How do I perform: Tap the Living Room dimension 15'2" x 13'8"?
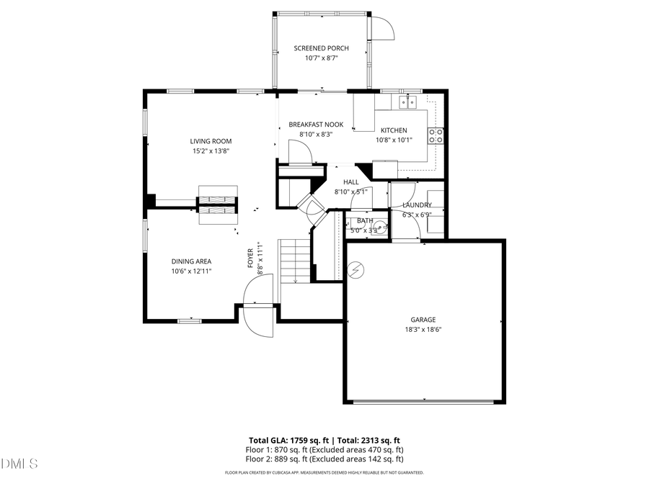(211, 151)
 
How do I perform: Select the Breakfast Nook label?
(316, 125)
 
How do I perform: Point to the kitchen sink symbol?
(409, 102)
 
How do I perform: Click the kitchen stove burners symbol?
(436, 135)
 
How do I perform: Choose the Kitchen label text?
(394, 130)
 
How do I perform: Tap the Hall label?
(351, 182)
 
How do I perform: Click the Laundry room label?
(417, 205)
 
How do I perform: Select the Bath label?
(365, 220)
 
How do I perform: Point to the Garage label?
(423, 320)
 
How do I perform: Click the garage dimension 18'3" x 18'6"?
(423, 330)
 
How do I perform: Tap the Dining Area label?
(191, 261)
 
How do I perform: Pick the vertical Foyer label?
(250, 258)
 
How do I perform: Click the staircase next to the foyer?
(294, 262)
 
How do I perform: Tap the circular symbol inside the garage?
(356, 270)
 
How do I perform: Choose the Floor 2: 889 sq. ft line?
(324, 459)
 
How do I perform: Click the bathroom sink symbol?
(380, 228)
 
